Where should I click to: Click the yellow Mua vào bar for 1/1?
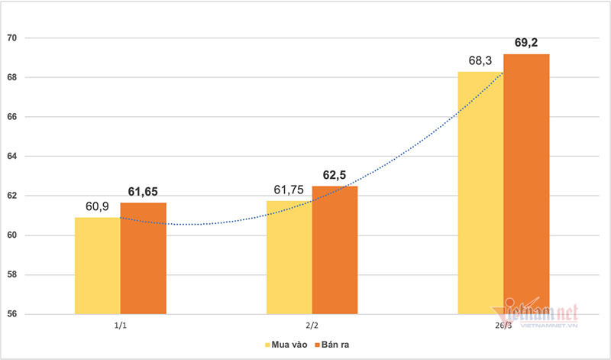click(x=97, y=265)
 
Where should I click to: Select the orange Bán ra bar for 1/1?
click(x=143, y=258)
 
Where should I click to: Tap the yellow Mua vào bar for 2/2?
click(x=289, y=257)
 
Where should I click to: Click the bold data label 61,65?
click(x=142, y=192)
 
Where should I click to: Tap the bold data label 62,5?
click(x=334, y=175)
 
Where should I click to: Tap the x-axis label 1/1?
click(x=121, y=326)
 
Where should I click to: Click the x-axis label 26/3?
click(x=503, y=326)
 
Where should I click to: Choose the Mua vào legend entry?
click(x=288, y=345)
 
